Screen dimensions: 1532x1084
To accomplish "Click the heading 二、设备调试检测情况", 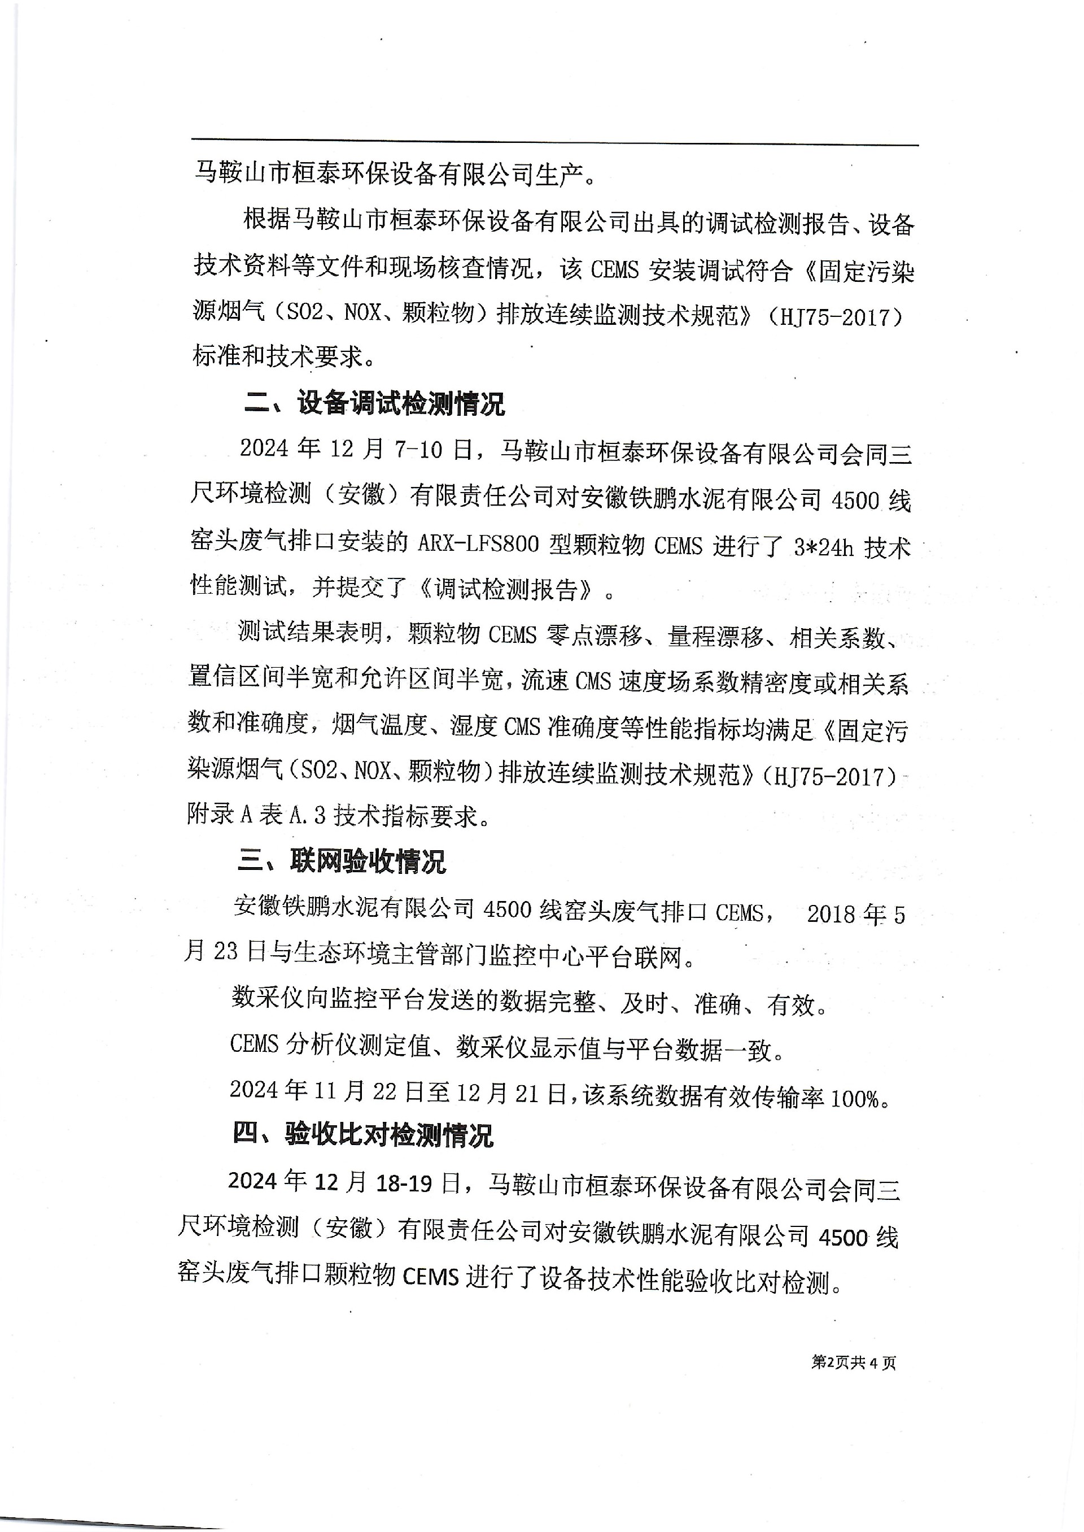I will coord(374,404).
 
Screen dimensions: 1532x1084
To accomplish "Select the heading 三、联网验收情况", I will coord(341,861).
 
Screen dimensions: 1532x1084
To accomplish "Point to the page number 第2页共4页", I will coord(853,1363).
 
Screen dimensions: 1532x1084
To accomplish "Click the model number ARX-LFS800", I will coord(478,545).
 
